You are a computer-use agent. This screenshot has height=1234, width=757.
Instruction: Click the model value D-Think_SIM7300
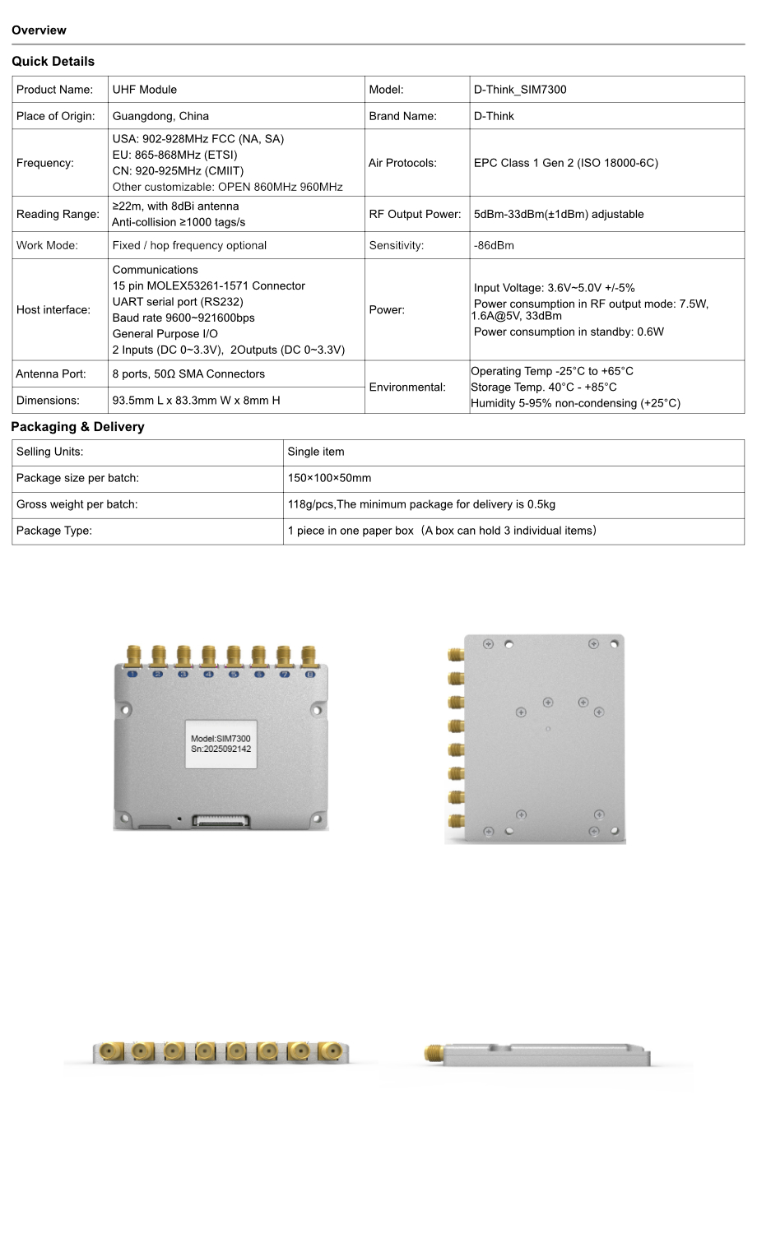tap(520, 90)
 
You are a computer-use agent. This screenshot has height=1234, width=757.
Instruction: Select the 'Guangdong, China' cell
tap(160, 116)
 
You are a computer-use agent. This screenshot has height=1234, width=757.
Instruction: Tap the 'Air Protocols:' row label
tap(402, 163)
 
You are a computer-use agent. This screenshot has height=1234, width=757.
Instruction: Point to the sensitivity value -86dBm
tap(494, 245)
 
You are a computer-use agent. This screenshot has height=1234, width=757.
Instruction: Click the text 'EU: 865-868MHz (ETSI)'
tap(174, 155)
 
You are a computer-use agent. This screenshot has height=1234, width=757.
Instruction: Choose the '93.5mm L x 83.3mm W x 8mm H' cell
tap(196, 401)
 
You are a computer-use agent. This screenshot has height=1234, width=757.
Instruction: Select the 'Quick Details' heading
tap(53, 62)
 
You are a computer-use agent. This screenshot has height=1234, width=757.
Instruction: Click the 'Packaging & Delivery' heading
tap(77, 427)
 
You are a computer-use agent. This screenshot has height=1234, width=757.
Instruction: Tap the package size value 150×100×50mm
tap(329, 478)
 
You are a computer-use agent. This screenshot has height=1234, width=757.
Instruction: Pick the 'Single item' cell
tap(316, 452)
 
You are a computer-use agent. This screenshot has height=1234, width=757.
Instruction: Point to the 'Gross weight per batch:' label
tap(77, 504)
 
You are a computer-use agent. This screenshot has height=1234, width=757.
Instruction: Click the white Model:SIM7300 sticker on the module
tap(221, 744)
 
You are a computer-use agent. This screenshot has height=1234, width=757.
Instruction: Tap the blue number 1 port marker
tap(132, 675)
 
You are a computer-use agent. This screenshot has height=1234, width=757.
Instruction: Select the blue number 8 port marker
tap(310, 675)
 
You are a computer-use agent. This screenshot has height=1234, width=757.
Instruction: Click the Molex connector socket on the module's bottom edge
tap(220, 820)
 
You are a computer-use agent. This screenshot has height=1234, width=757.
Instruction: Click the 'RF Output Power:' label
tap(416, 214)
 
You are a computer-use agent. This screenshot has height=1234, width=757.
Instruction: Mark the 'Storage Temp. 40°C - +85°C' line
tap(544, 387)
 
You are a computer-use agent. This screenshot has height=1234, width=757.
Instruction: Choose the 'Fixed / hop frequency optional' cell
tap(189, 245)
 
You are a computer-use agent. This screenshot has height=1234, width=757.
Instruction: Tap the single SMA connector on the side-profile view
tap(434, 1053)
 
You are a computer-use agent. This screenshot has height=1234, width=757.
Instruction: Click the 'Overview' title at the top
tap(39, 30)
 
